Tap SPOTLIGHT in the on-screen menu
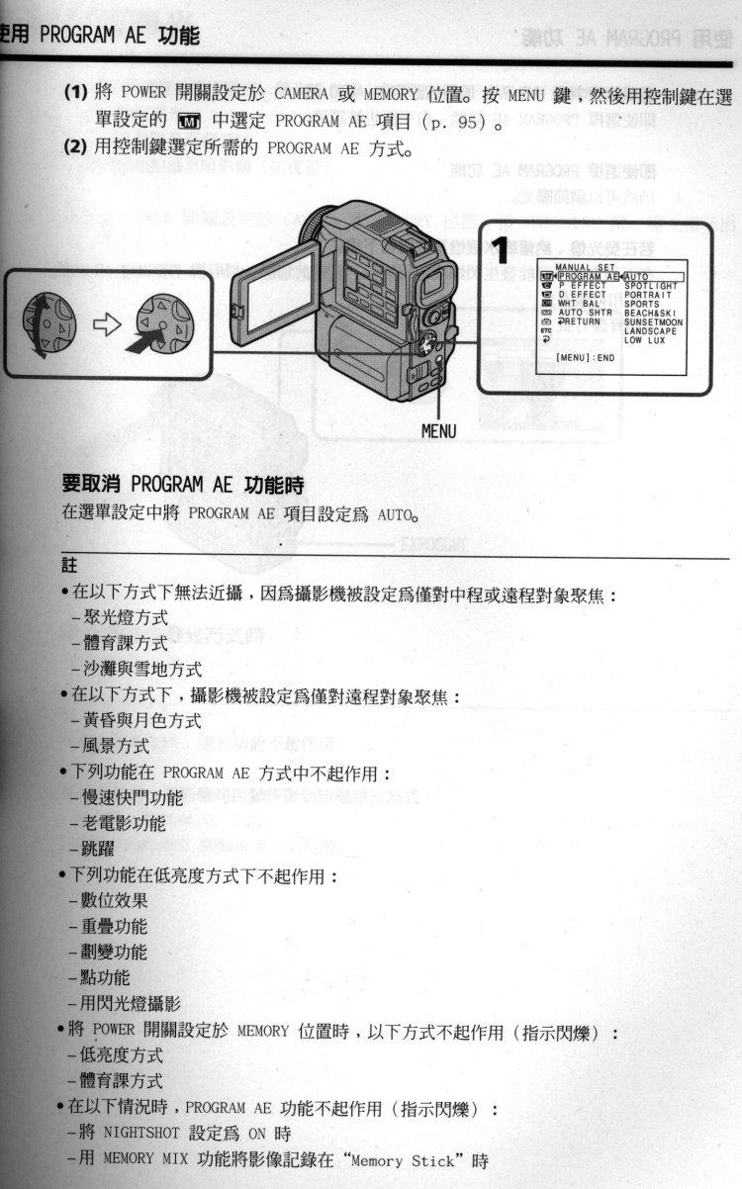[x=651, y=286]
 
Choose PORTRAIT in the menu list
[x=649, y=295]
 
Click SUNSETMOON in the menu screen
[x=653, y=321]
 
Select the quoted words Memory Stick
[x=408, y=1162]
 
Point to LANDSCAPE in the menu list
[x=650, y=330]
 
